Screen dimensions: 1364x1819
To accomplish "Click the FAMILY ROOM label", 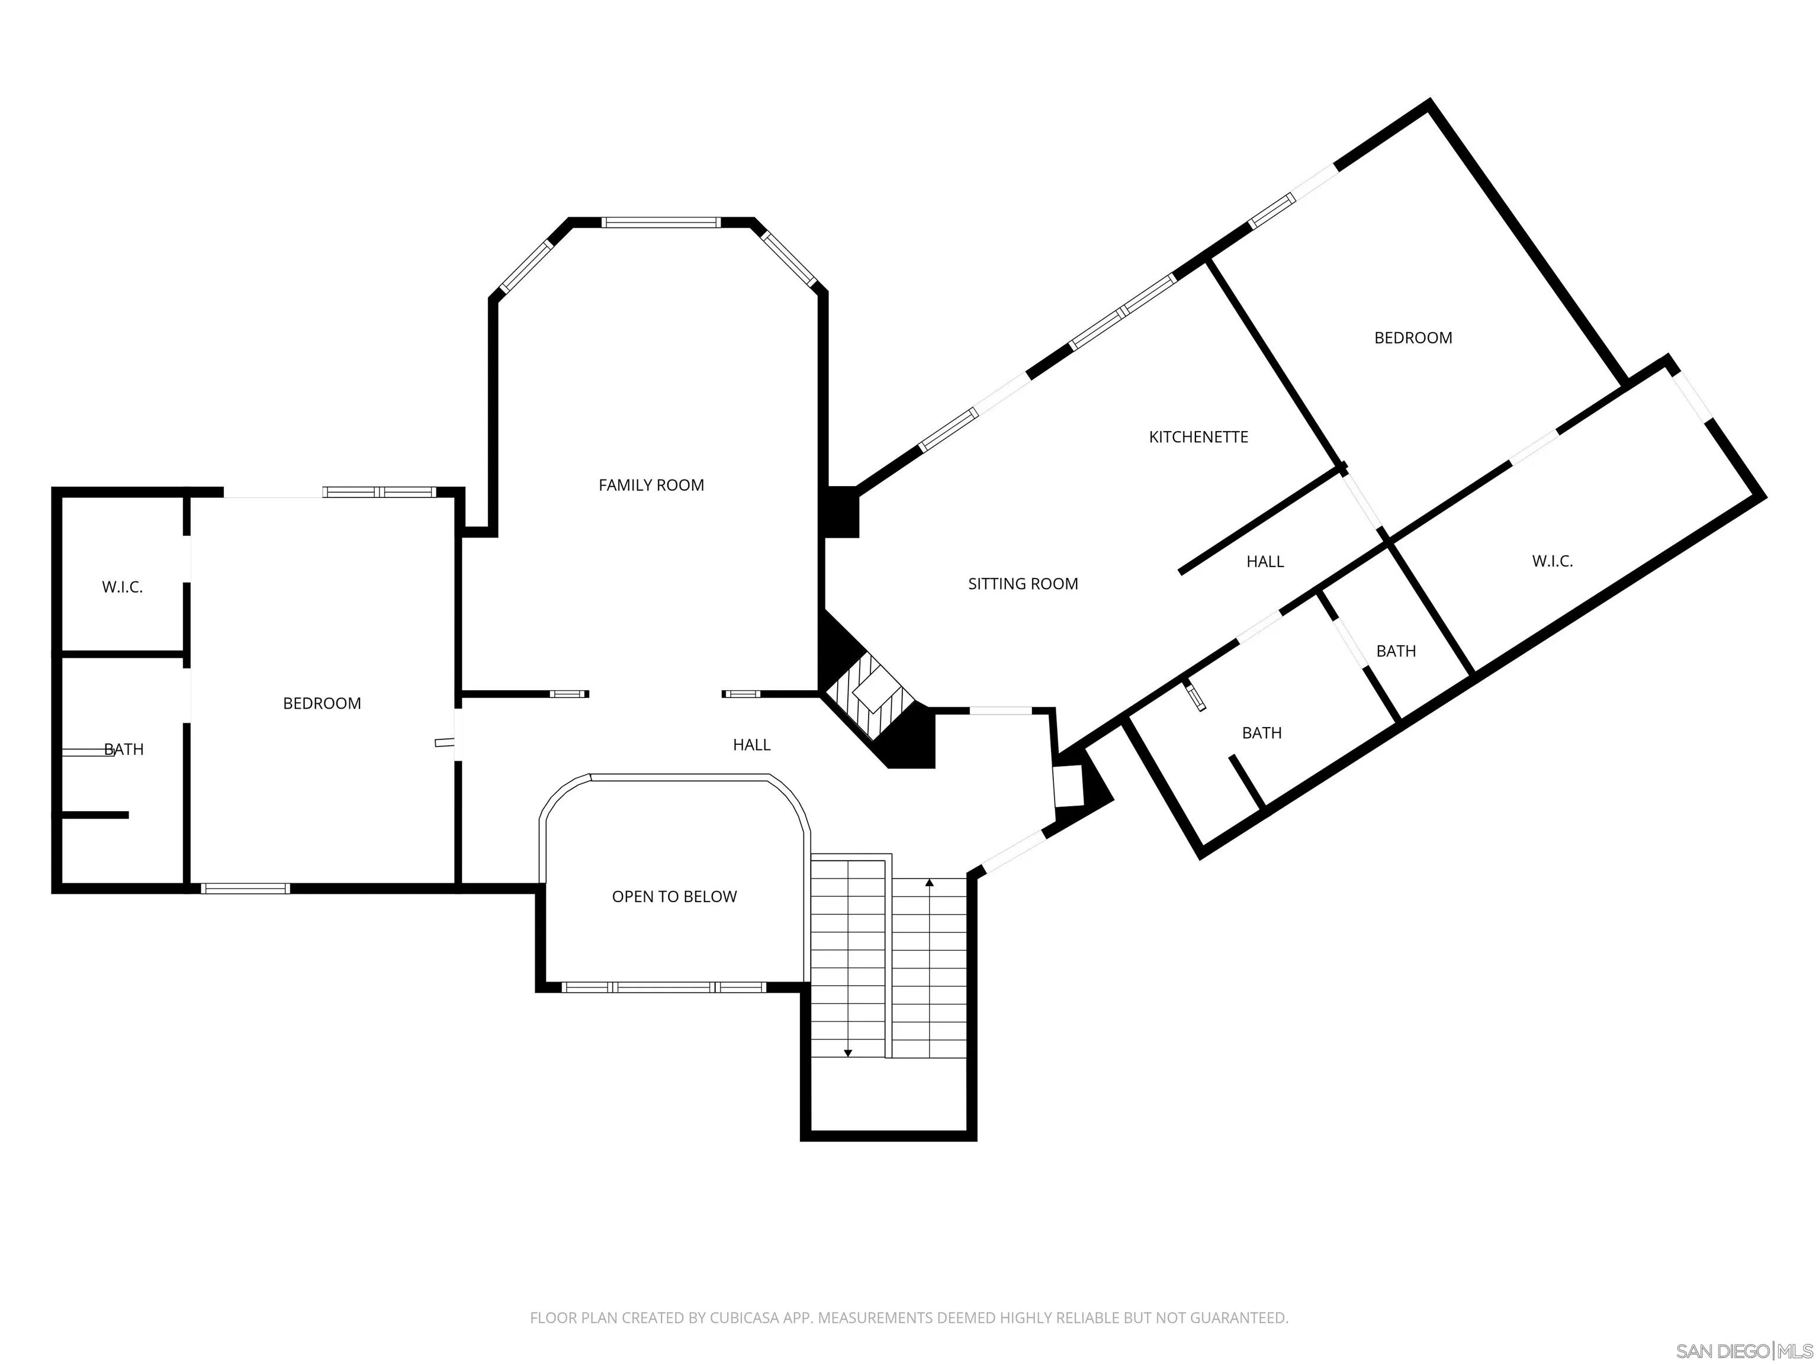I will click(651, 485).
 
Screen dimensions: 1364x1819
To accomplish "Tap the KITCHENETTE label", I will click(1197, 436).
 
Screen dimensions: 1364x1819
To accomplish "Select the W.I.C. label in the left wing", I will click(122, 587).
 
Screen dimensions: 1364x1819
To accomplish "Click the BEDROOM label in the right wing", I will click(1413, 338).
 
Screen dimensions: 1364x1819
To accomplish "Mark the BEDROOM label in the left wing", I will click(322, 703).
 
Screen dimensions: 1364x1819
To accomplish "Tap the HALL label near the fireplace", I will click(751, 745).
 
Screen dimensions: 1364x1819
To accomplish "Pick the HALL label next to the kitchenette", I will click(1264, 562).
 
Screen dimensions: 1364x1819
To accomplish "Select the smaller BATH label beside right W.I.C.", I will click(1396, 651).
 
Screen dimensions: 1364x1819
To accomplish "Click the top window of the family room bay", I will click(660, 222).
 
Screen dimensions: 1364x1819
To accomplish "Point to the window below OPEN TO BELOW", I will click(664, 987).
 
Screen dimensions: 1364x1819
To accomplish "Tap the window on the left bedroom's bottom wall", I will click(245, 888).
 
